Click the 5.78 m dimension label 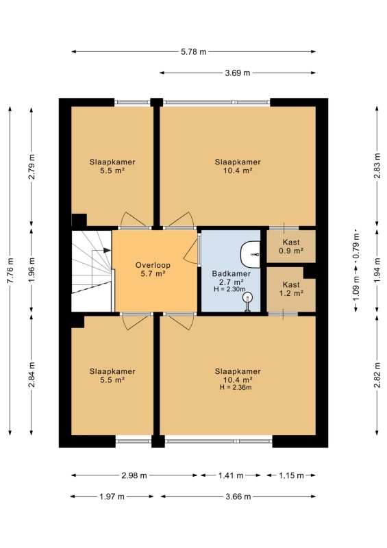point(193,52)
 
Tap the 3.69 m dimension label point(238,73)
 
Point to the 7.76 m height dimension point(10,271)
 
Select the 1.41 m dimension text point(230,475)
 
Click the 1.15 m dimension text point(291,475)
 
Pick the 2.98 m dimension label point(134,475)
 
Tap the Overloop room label point(153,265)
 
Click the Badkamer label point(232,273)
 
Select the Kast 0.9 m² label point(291,246)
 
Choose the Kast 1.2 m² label point(291,288)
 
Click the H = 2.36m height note point(236,387)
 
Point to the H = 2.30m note point(229,289)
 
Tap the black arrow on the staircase point(107,250)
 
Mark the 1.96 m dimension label point(32,270)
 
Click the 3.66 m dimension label point(238,496)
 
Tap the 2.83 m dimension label point(377,166)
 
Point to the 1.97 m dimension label point(112,496)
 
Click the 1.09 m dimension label point(356,288)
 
